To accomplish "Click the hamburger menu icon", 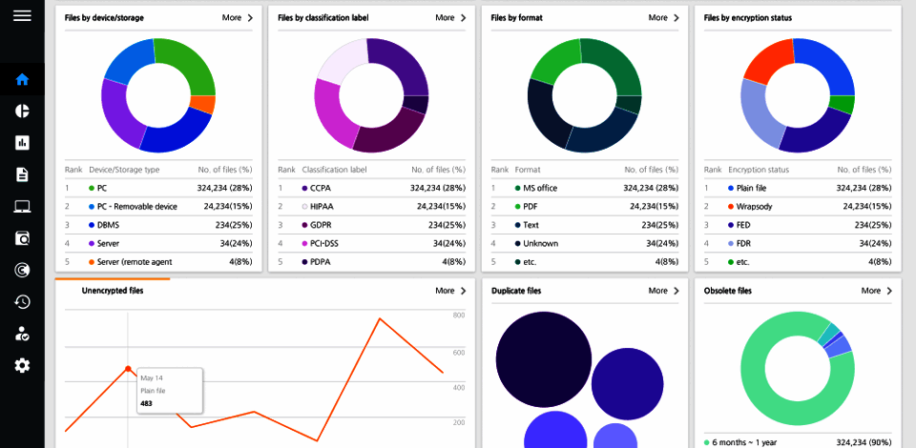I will click(x=22, y=16).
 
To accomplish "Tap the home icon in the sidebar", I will click(x=22, y=79).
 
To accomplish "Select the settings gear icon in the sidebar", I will click(x=22, y=365).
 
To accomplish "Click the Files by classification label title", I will click(x=323, y=17).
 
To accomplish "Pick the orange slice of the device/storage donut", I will click(x=202, y=105).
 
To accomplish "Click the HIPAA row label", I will click(x=322, y=206).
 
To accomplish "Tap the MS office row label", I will click(x=540, y=188).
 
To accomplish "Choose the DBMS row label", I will click(x=109, y=224).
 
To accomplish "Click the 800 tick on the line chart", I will click(x=458, y=315).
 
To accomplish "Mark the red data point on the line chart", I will click(x=128, y=369).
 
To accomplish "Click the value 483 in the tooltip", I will click(x=147, y=403).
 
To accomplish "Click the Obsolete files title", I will click(x=727, y=291).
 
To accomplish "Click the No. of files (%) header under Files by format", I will click(x=651, y=170).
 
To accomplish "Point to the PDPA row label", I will click(x=321, y=261).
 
